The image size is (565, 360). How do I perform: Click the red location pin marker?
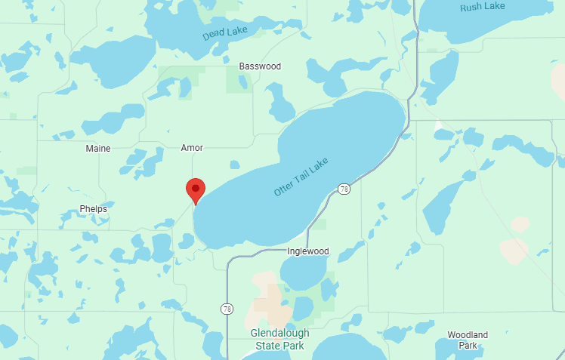[196, 189]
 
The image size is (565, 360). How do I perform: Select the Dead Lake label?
[224, 32]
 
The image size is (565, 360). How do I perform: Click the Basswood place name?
[260, 66]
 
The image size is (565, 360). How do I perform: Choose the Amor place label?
[192, 148]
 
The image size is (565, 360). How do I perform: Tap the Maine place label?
[98, 148]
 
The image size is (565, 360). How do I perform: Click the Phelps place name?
[93, 208]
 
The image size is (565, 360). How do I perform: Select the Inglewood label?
[308, 251]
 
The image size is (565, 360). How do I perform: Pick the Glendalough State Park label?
[279, 340]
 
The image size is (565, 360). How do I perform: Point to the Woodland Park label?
[468, 340]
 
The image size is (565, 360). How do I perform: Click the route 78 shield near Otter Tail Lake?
[344, 188]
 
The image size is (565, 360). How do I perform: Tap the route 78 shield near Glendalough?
[227, 309]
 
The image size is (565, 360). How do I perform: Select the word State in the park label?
[268, 346]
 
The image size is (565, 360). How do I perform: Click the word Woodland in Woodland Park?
[468, 334]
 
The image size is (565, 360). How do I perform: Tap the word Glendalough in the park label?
[279, 334]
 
